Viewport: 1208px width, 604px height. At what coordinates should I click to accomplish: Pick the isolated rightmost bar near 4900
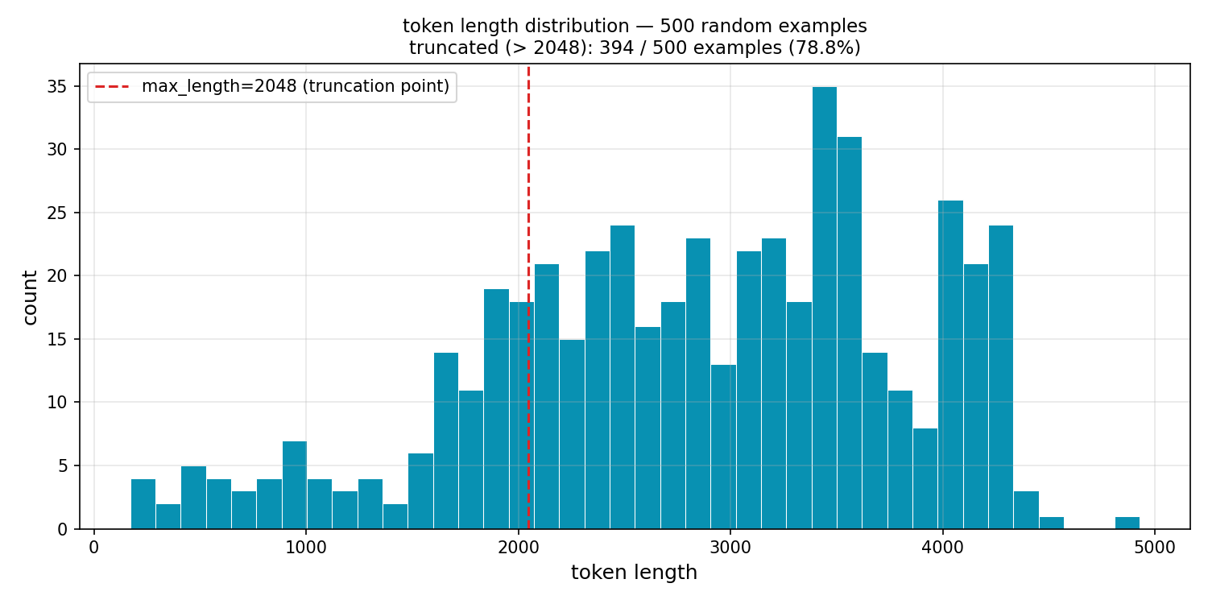1127,523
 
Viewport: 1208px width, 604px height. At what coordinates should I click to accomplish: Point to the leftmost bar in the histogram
143,504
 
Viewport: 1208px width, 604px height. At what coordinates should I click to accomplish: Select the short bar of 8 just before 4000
925,478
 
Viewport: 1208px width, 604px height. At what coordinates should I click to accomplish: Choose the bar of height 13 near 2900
723,447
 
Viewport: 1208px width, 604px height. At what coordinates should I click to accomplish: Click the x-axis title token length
634,573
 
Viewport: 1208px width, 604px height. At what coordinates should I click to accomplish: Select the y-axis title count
31,297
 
